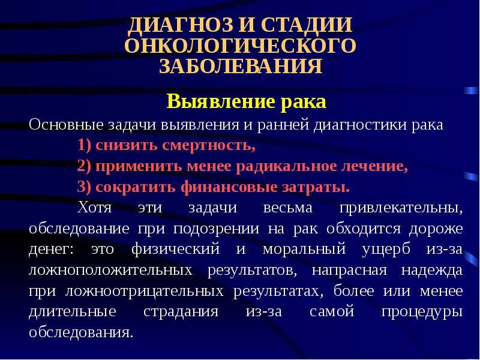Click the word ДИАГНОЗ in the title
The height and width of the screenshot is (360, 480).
pos(181,25)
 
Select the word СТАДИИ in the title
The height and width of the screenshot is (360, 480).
pos(306,25)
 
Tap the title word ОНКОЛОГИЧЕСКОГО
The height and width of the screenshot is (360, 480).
pos(241,46)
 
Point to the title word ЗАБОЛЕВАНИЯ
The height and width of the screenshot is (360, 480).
pos(241,66)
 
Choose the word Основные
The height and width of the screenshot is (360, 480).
pos(66,125)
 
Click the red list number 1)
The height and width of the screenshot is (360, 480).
pos(85,145)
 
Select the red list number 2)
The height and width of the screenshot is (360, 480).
pos(85,166)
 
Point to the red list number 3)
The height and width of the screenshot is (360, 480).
pos(85,187)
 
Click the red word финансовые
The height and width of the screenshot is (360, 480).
pos(229,187)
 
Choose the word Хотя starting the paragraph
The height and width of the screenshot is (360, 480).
pos(95,207)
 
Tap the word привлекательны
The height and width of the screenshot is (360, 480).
pos(401,208)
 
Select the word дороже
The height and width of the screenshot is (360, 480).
pos(436,229)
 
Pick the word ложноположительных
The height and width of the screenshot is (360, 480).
pos(110,271)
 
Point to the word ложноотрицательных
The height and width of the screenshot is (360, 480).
pos(145,291)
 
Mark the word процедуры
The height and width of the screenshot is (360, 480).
pos(422,312)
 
